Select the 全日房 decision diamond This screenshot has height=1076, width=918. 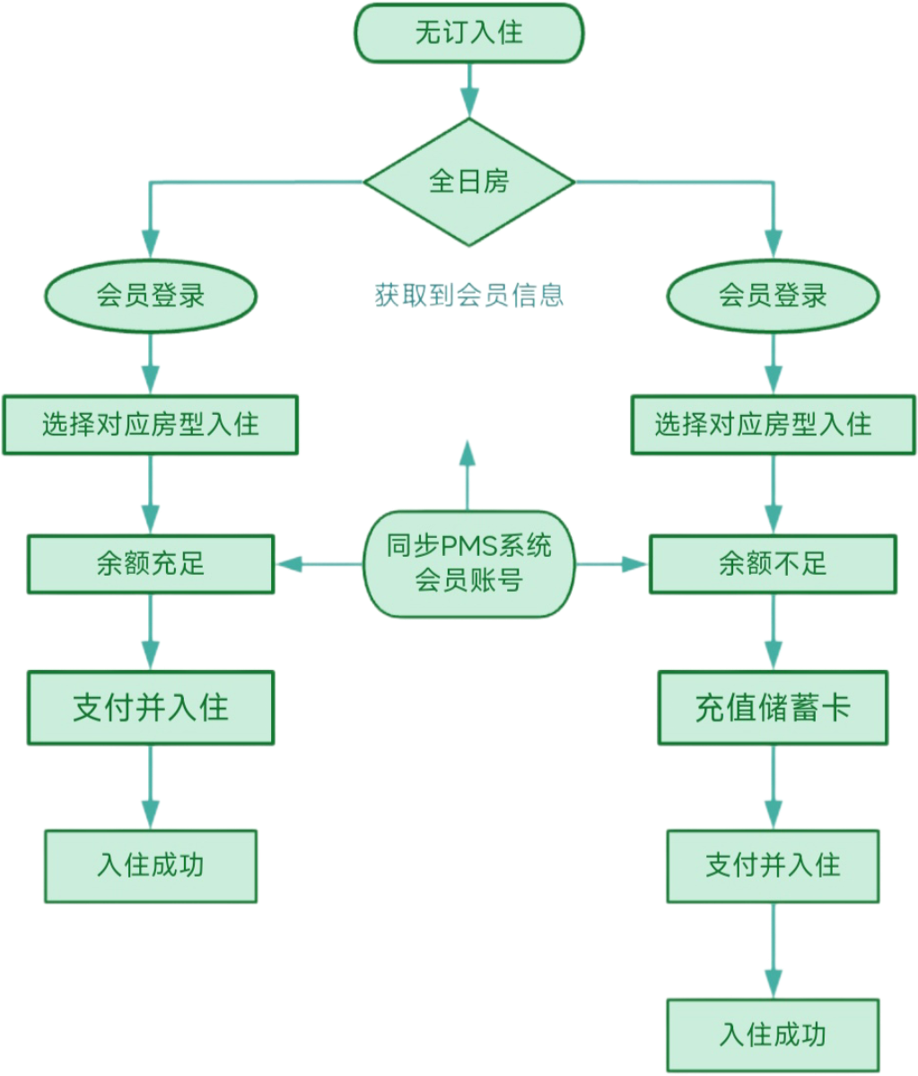click(468, 182)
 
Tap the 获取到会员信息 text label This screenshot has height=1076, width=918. click(468, 295)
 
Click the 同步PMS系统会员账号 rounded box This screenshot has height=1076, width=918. click(468, 564)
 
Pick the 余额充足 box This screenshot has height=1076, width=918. click(150, 564)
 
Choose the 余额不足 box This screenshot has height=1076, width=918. click(772, 564)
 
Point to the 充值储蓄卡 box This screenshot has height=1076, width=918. click(772, 708)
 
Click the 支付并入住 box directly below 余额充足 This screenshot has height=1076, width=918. click(150, 707)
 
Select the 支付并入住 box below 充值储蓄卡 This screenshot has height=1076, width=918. click(772, 865)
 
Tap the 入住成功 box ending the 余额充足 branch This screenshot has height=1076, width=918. click(150, 865)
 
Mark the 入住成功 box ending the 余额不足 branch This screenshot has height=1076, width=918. click(772, 1035)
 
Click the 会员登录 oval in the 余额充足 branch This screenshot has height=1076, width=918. click(150, 295)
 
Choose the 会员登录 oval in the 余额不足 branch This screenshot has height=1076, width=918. click(772, 295)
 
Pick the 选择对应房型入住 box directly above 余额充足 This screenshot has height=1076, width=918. click(150, 424)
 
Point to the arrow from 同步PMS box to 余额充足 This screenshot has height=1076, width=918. click(319, 564)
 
